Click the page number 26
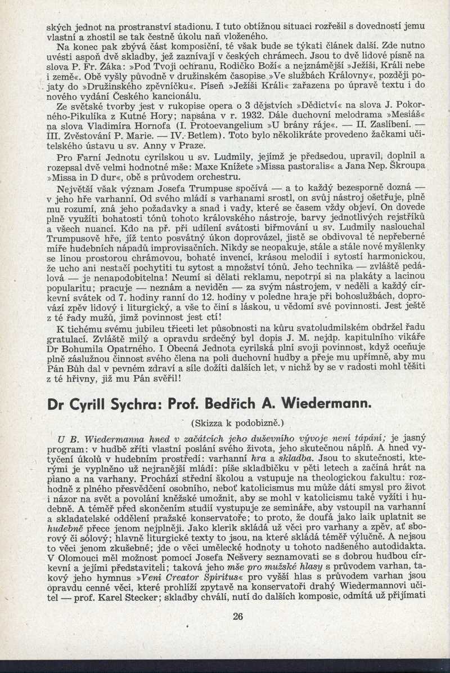pos(237,616)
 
